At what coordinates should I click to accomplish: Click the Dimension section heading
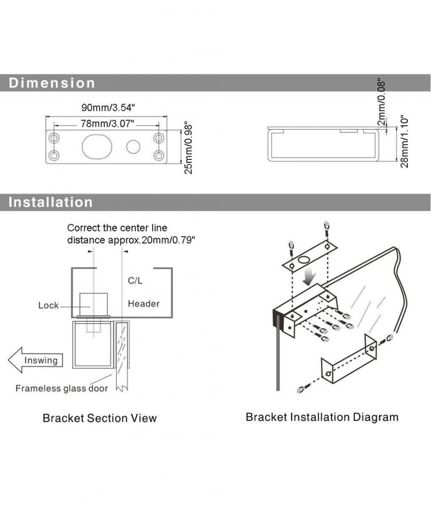tap(52, 83)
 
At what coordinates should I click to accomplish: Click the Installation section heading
tap(51, 202)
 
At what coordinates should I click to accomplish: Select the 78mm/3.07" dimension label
tap(107, 123)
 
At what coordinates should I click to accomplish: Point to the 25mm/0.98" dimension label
tap(188, 148)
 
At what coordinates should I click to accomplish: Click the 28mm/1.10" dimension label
tap(404, 142)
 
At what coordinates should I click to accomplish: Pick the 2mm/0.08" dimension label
tap(381, 102)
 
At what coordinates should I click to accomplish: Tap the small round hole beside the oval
tap(133, 147)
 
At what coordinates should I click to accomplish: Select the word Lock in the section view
tap(48, 305)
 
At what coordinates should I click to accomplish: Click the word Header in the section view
tap(144, 304)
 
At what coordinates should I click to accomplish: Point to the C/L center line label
tap(135, 280)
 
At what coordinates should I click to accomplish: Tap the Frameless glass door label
tap(61, 388)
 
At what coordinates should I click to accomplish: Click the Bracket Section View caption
tap(100, 418)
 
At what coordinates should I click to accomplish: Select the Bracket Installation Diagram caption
tap(322, 417)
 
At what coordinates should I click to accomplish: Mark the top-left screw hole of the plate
tap(54, 136)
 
